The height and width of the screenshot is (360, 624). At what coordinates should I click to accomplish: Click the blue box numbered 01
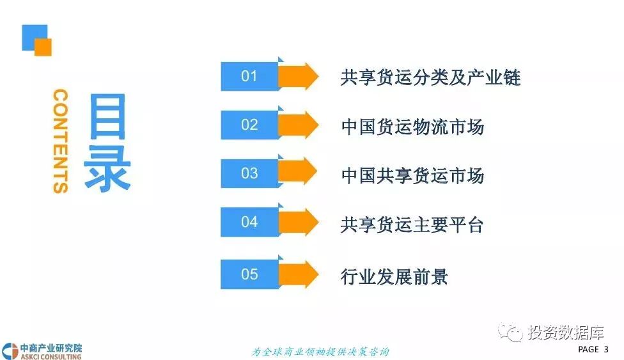tap(249, 77)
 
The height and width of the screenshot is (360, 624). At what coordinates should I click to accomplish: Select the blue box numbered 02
tap(249, 125)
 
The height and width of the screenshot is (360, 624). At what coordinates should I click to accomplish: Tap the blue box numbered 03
tap(249, 174)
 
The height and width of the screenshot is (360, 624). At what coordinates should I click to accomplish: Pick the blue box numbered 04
tap(249, 223)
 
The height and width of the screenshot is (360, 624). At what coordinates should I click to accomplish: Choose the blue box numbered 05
tap(249, 274)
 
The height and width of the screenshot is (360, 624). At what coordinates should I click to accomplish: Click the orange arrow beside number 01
tap(299, 77)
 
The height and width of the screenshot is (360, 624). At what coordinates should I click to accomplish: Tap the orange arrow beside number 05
tap(299, 274)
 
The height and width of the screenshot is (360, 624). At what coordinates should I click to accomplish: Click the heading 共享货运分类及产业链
tap(430, 77)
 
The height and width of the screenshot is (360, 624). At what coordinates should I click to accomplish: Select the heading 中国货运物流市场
tap(412, 126)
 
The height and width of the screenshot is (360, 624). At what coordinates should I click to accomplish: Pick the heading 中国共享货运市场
tap(412, 175)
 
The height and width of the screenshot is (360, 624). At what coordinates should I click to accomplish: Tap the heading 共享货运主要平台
tap(412, 224)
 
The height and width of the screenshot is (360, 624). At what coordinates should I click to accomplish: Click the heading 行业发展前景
tap(394, 276)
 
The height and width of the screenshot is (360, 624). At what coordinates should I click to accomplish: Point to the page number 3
tap(605, 349)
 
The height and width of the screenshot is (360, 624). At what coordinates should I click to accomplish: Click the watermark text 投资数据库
tap(566, 333)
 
